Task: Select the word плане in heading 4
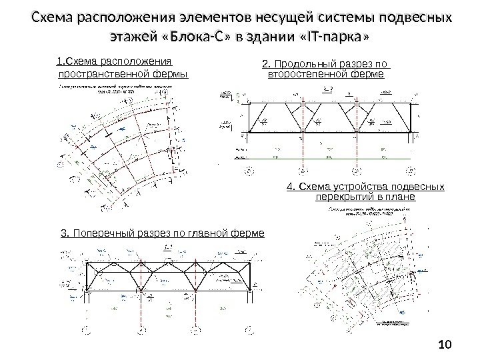click(x=400, y=197)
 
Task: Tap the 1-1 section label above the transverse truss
click(x=168, y=247)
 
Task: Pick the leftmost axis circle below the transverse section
click(x=85, y=329)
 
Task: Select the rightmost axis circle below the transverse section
click(x=253, y=329)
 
